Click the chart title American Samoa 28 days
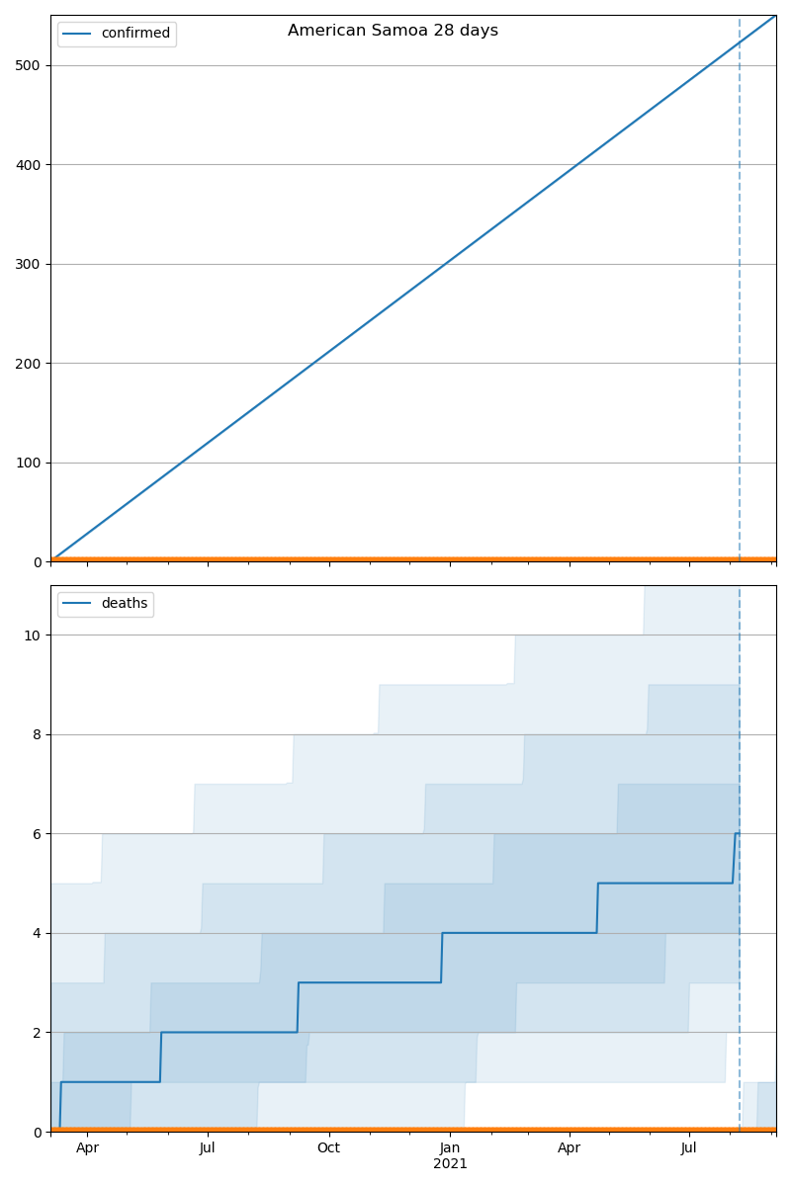tap(393, 31)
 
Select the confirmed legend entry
tap(135, 34)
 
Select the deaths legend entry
tap(124, 604)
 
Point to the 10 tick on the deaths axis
tap(33, 635)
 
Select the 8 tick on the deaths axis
tap(37, 734)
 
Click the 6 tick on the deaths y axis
tap(37, 834)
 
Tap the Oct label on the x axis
tap(328, 1147)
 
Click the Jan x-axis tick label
tap(450, 1147)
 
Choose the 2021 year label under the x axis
tap(450, 1164)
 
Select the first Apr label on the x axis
tap(87, 1147)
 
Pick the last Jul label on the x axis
tap(689, 1147)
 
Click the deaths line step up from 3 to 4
tap(441, 958)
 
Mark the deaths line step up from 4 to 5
tap(597, 908)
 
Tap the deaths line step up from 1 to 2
tap(160, 1058)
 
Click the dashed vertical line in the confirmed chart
tap(740, 296)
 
